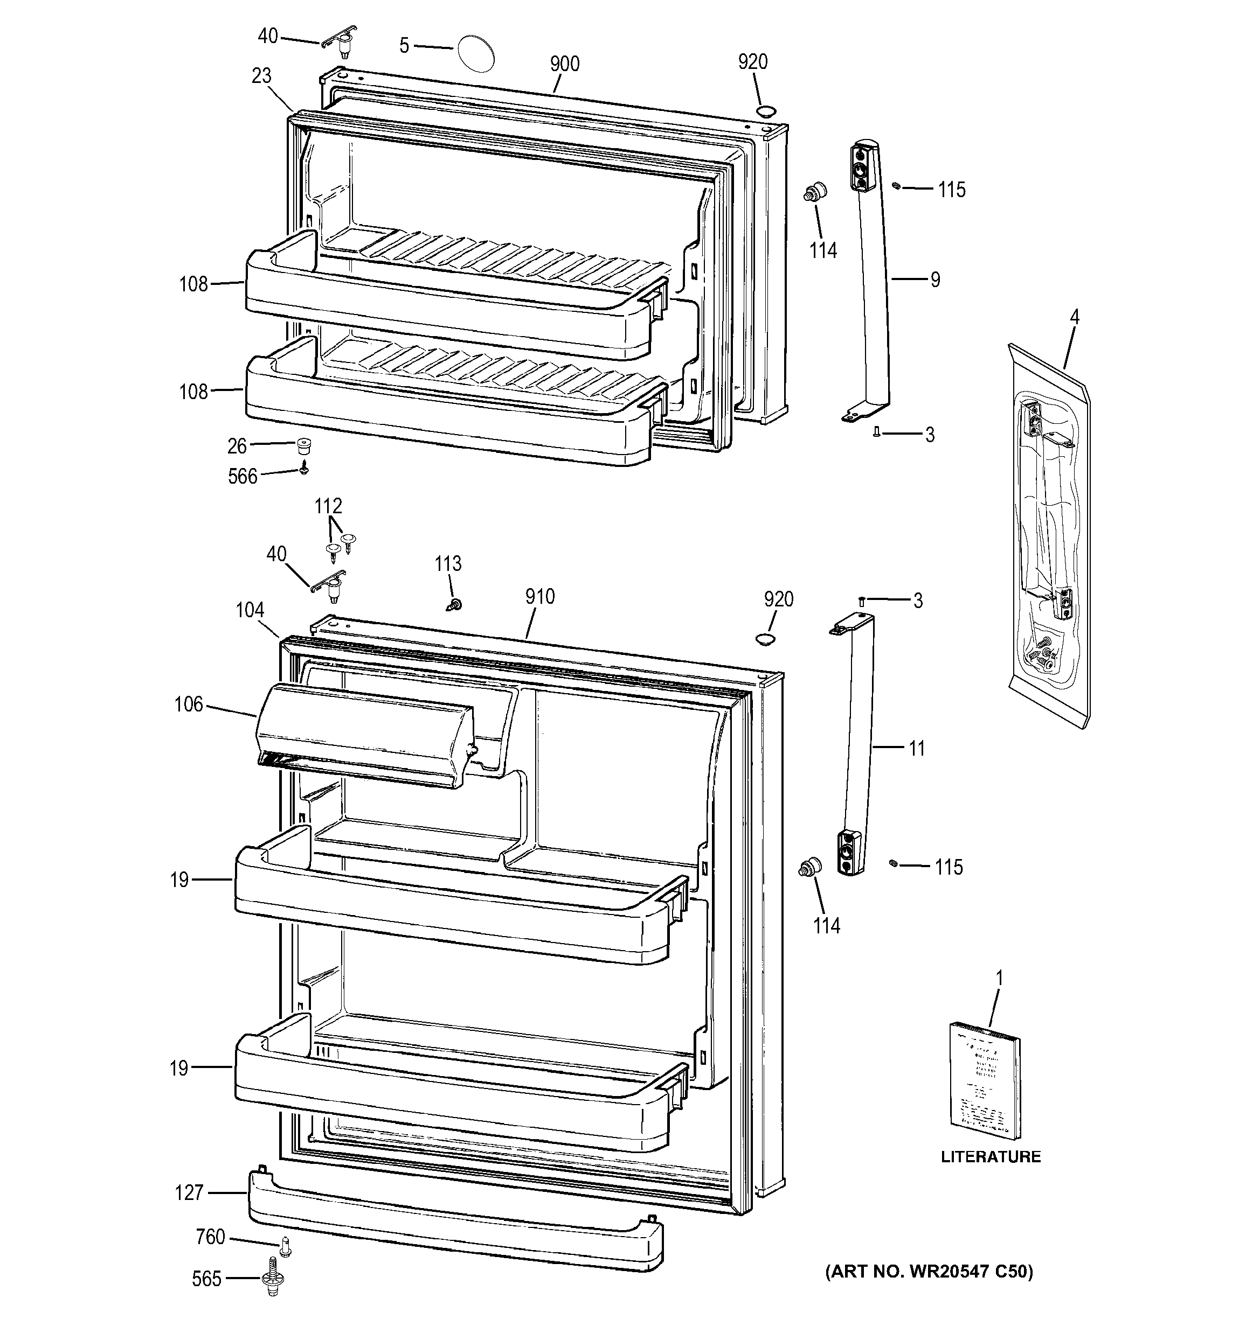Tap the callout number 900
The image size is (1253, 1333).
pos(564,65)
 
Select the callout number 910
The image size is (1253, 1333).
pos(540,597)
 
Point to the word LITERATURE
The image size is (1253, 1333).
pos(991,1157)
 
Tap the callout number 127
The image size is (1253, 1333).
pos(189,1193)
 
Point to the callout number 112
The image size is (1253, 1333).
pos(328,506)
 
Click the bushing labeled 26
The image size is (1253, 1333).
pos(305,445)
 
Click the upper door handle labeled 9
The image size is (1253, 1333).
pos(873,282)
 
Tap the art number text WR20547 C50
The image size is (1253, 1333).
pos(929,1272)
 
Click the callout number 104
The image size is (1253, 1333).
pos(250,610)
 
